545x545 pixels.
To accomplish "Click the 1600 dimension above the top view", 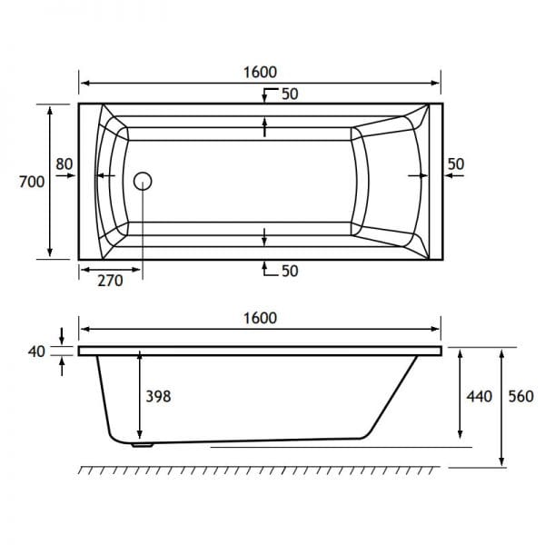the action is (x=260, y=73).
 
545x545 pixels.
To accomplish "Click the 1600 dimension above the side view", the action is (x=260, y=318).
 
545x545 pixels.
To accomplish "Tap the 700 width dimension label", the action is (x=32, y=182).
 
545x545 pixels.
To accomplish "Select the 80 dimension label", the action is (x=64, y=163).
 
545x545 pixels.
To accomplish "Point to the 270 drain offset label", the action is (x=110, y=281).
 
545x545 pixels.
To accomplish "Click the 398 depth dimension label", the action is (x=158, y=396).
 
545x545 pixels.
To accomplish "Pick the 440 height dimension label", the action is (x=480, y=396).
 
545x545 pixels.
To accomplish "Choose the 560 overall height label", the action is (x=521, y=396).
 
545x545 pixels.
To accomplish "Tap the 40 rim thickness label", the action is (x=36, y=352).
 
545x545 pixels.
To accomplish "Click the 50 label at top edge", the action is (x=290, y=94).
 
